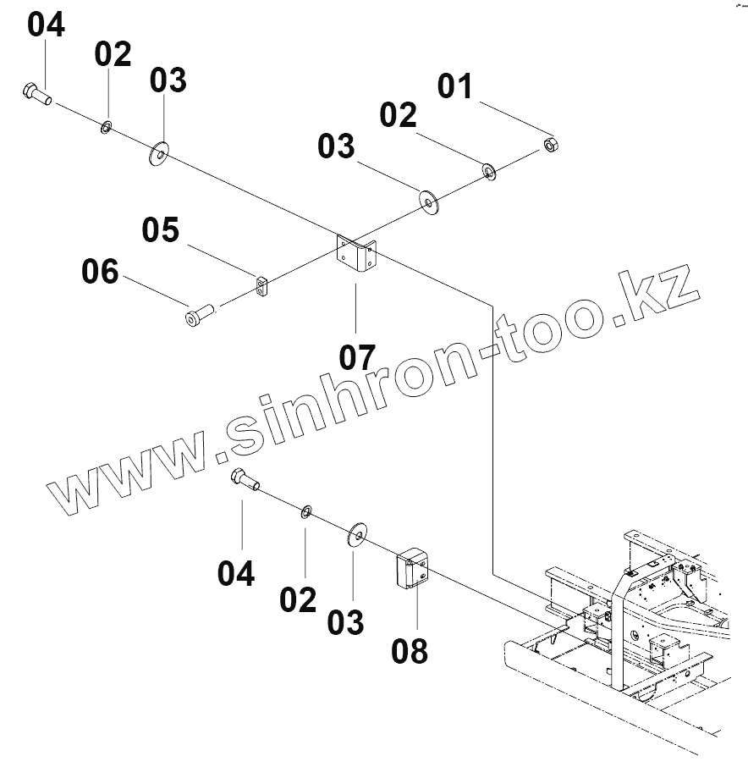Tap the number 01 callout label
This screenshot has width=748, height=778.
point(455,87)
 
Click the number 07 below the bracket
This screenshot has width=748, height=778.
point(357,357)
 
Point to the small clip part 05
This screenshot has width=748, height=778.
point(261,286)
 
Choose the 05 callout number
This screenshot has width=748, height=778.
point(161,229)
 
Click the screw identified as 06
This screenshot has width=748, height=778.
point(199,315)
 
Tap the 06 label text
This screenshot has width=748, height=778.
point(101,273)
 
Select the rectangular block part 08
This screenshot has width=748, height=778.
point(414,569)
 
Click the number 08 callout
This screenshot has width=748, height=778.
point(410,652)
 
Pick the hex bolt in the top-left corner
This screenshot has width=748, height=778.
point(36,94)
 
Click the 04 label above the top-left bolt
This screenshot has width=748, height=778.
point(46,25)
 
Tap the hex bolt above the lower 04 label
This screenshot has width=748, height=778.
point(245,480)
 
